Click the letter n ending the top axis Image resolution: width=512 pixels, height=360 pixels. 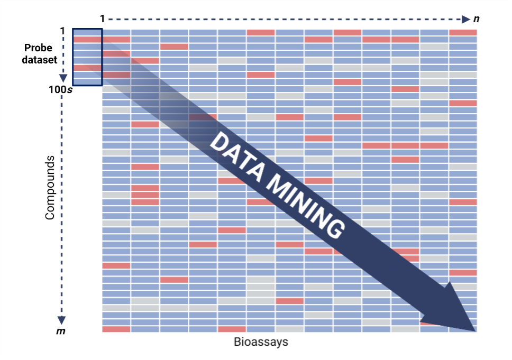pyautogui.click(x=476, y=20)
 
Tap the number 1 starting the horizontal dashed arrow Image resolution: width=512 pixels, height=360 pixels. pyautogui.click(x=102, y=20)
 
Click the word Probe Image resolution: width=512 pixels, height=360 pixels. pyautogui.click(x=39, y=48)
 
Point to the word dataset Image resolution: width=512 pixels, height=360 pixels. pyautogui.click(x=39, y=60)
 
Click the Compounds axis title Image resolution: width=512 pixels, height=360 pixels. pyautogui.click(x=50, y=188)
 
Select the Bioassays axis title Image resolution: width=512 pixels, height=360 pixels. pyautogui.click(x=261, y=342)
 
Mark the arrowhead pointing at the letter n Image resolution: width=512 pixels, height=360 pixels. pyautogui.click(x=465, y=20)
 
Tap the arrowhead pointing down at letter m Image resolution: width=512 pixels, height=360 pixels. pyautogui.click(x=62, y=319)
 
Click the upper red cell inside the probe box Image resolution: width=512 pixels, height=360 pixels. pyautogui.click(x=87, y=40)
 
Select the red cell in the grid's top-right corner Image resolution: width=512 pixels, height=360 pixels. pyautogui.click(x=463, y=33)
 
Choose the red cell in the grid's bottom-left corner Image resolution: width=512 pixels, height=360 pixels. pyautogui.click(x=116, y=329)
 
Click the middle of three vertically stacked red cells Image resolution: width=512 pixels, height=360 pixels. pyautogui.click(x=145, y=195)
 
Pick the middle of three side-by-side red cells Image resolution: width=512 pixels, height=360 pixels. pyautogui.click(x=405, y=145)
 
